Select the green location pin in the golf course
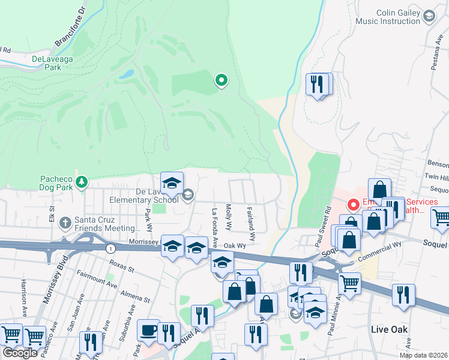coord(221,80)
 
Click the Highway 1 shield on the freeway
coord(110,248)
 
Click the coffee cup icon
coord(148,331)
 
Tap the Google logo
coord(20,353)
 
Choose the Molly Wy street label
coord(229,218)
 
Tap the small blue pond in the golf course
coord(127,75)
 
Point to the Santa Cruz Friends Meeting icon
coord(66,224)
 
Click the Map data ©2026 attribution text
coord(423,355)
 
